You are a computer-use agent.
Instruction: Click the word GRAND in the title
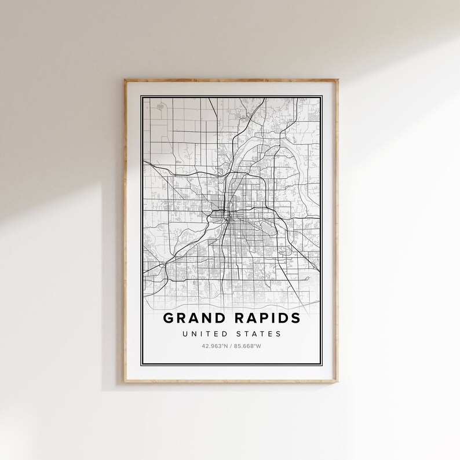tap(194, 318)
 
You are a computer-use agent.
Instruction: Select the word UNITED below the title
tap(202, 334)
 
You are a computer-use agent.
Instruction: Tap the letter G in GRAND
tap(169, 318)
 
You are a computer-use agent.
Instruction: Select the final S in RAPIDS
tap(295, 318)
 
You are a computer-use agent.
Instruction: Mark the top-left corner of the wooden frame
tap(125, 80)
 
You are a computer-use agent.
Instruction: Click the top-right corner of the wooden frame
tap(338, 80)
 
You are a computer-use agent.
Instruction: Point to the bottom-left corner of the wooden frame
tap(125, 383)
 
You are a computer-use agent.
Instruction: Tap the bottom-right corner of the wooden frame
tap(338, 383)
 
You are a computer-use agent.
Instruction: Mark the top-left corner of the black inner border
tap(142, 95)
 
